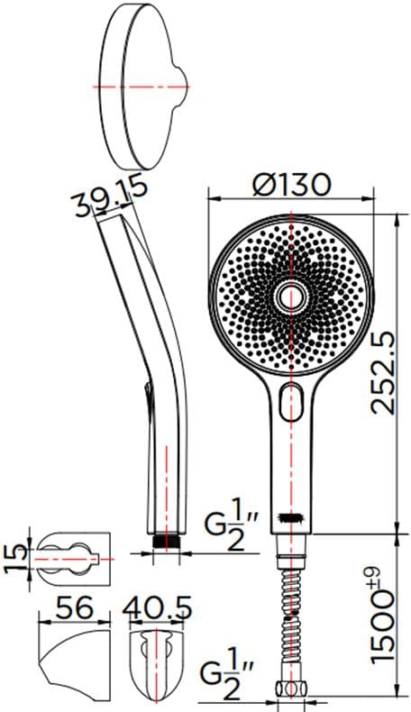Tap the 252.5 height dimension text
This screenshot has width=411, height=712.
(x=387, y=371)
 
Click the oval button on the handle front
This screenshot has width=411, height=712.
(x=291, y=401)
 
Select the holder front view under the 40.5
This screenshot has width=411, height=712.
(x=160, y=654)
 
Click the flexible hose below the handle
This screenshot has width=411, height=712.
(x=291, y=613)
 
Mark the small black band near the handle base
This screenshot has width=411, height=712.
(x=289, y=519)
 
